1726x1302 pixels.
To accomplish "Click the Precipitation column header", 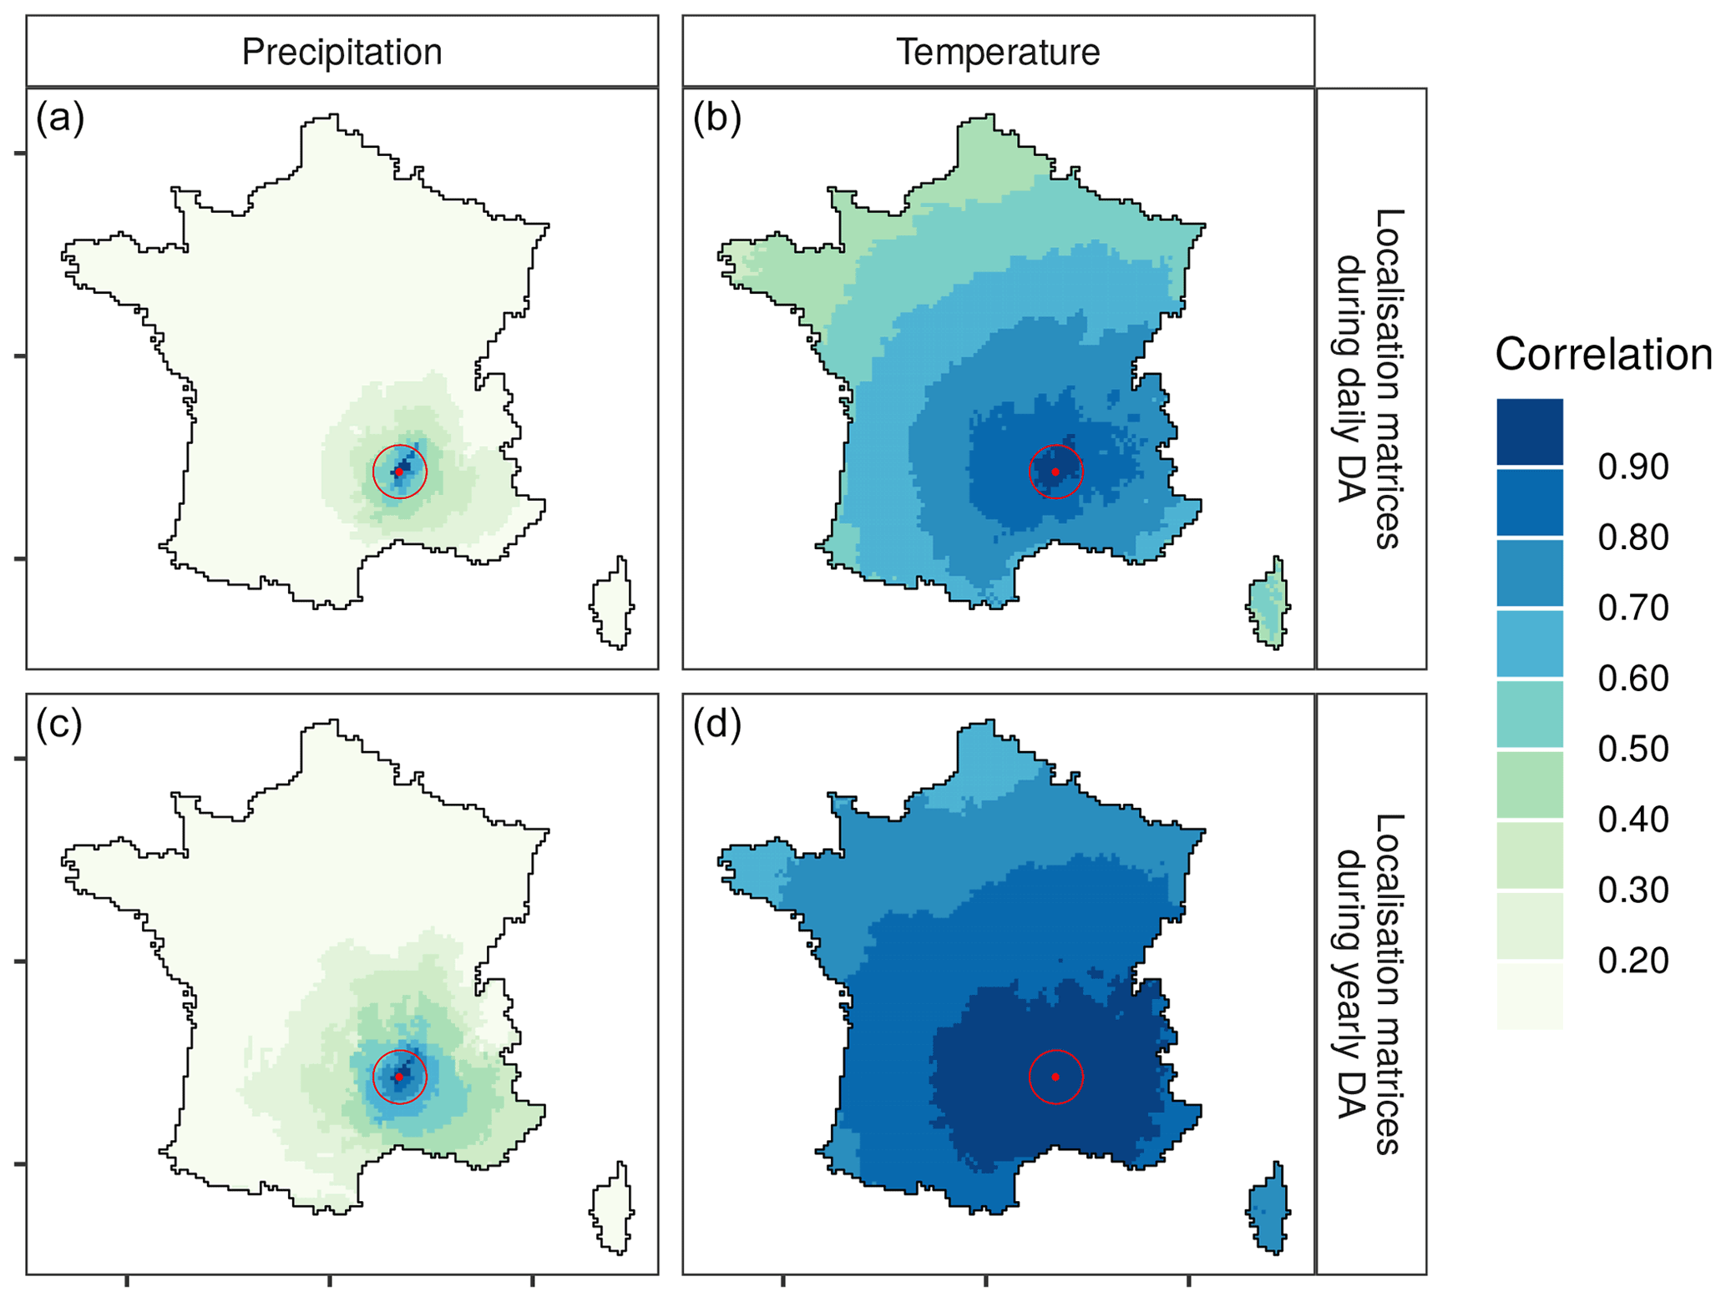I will click(x=342, y=52).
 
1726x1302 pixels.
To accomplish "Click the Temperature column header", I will click(x=998, y=52).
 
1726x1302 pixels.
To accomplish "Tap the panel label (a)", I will click(x=59, y=119).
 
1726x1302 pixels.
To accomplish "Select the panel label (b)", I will click(x=716, y=119).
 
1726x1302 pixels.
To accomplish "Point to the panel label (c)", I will click(x=59, y=724).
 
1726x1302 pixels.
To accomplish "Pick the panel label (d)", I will click(x=716, y=724).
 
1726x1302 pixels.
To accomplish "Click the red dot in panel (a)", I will click(x=399, y=472).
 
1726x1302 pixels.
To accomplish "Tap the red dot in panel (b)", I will click(x=1055, y=472).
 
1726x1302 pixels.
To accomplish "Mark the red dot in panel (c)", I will click(x=399, y=1077).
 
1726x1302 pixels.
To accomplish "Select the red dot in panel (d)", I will click(x=1055, y=1077).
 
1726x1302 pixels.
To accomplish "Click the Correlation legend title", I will click(x=1602, y=355).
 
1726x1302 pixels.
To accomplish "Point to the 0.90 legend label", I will click(x=1632, y=467).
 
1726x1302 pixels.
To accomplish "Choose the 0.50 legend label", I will click(x=1632, y=749).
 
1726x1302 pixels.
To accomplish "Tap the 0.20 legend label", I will click(x=1632, y=961).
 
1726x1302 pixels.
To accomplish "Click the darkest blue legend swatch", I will click(x=1529, y=431).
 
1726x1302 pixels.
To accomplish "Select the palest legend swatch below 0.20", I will click(x=1529, y=996).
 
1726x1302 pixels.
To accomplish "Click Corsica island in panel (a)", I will click(x=614, y=605).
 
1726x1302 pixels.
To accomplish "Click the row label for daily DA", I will click(x=1369, y=378).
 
